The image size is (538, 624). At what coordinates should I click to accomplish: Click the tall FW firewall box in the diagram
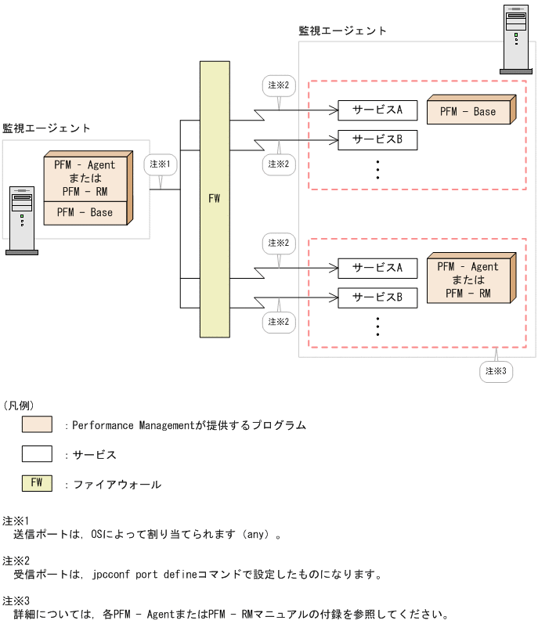pos(214,199)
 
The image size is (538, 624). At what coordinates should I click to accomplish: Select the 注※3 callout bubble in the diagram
pos(496,371)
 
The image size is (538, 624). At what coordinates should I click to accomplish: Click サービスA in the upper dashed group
pos(377,110)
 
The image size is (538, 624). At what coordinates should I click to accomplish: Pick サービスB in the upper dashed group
pos(377,140)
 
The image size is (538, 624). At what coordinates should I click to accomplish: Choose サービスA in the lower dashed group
pos(377,268)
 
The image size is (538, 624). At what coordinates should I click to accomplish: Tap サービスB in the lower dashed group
pos(377,298)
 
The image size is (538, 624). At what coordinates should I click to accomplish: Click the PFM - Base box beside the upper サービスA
pos(468,112)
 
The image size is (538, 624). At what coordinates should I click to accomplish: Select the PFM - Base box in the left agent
pos(85,213)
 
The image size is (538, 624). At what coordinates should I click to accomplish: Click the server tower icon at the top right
pos(515,39)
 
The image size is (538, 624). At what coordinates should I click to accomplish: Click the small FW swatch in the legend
pos(37,483)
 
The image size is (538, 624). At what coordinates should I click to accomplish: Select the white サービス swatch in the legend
pos(37,454)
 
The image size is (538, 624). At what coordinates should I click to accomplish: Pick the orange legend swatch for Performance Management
pos(37,424)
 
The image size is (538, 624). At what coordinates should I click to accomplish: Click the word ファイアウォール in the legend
pos(117,485)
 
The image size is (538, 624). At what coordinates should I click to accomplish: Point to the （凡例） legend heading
pos(20,405)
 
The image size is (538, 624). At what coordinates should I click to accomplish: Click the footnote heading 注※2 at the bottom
pos(16,560)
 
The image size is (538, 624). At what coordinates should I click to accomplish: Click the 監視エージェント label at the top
pos(342,31)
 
